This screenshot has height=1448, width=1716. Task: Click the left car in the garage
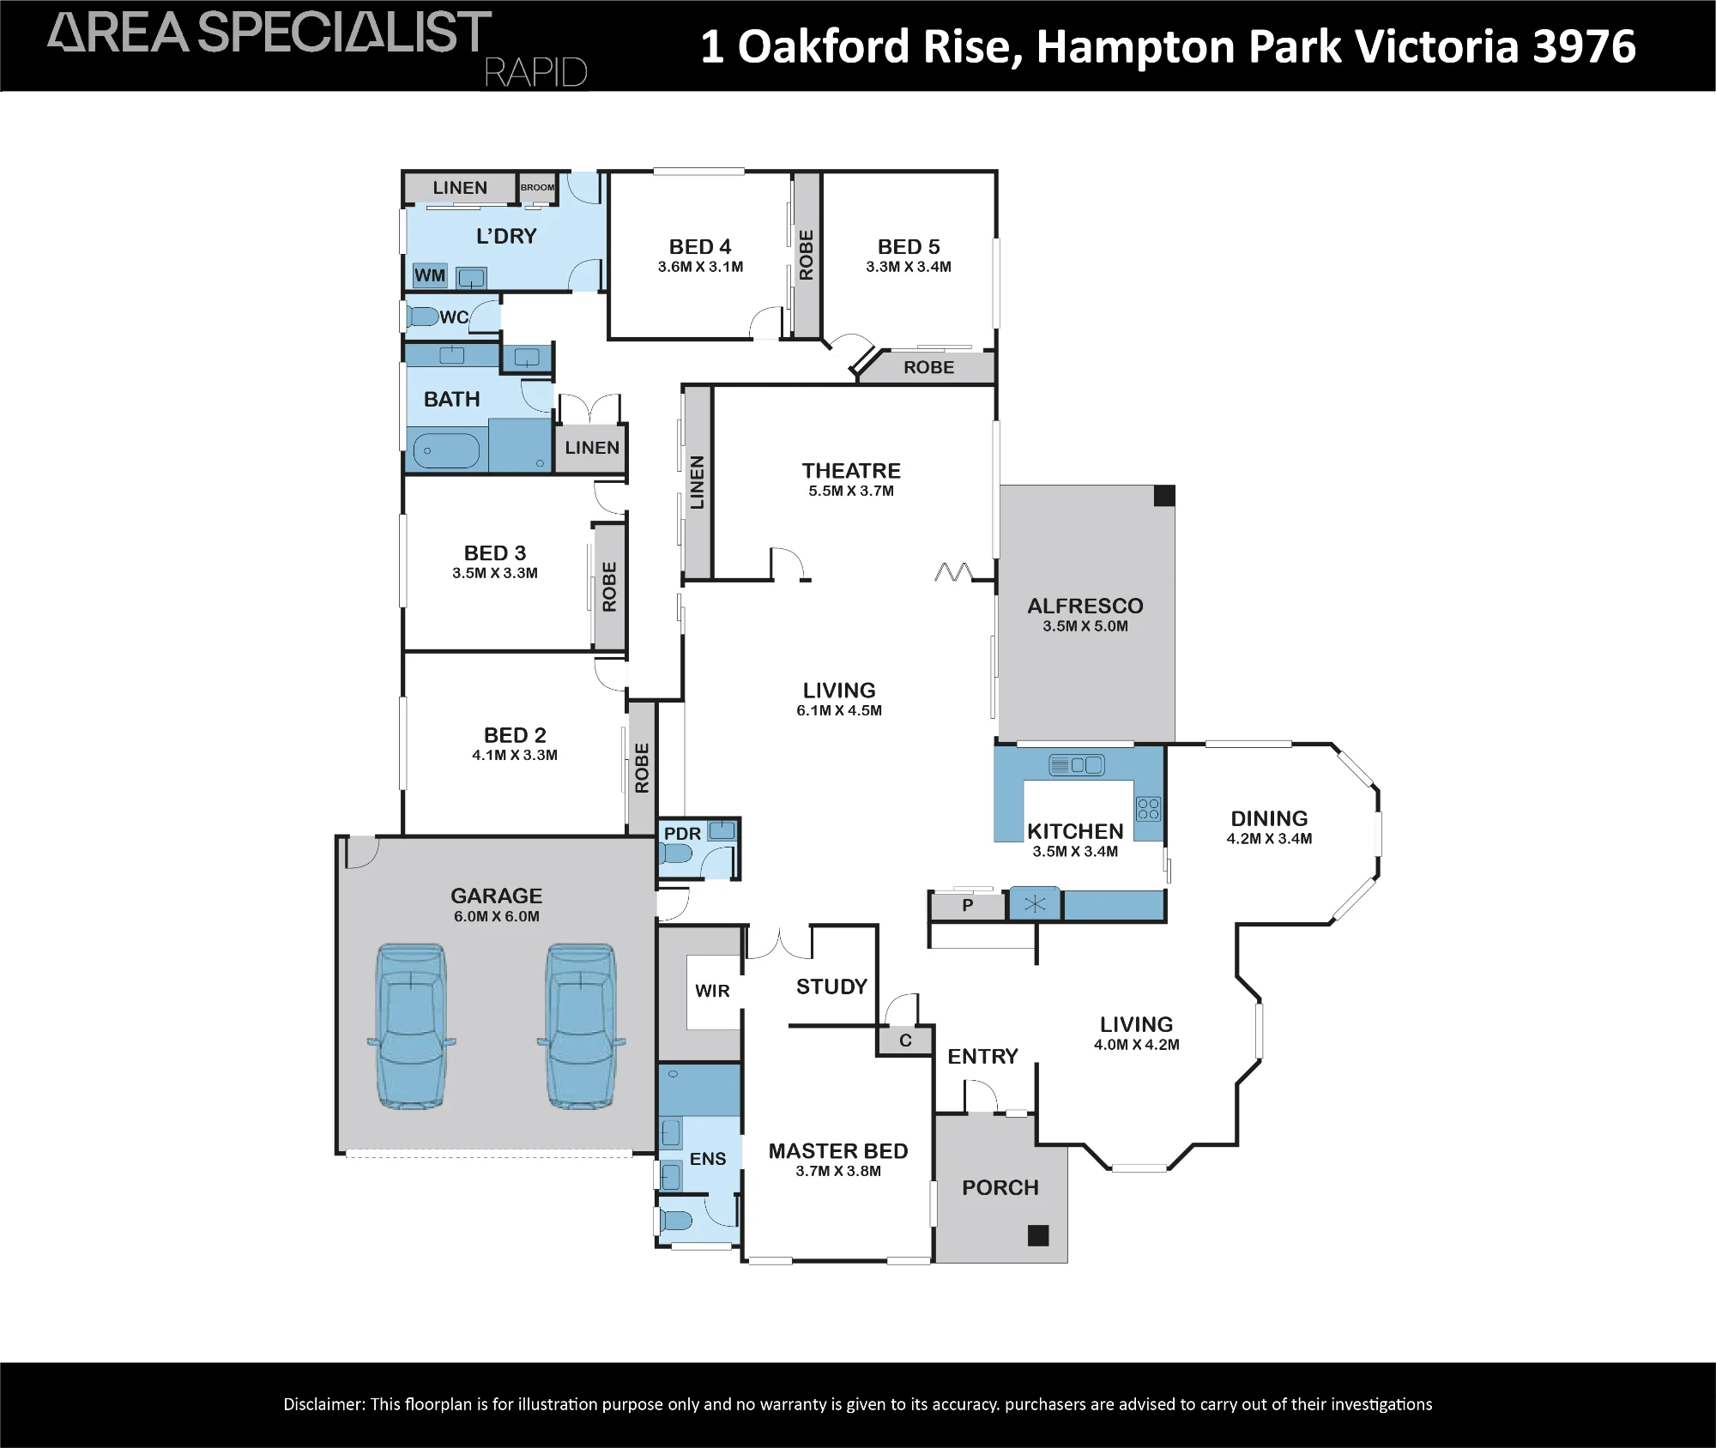tap(412, 1026)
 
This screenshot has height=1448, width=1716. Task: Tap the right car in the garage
tap(582, 1026)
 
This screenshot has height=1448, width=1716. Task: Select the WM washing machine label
tap(430, 275)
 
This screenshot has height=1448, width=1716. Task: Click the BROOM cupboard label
tap(538, 187)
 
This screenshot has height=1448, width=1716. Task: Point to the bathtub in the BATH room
tap(447, 451)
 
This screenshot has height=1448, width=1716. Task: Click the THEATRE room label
tap(851, 471)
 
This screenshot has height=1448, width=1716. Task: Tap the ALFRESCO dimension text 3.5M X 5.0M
tap(1085, 626)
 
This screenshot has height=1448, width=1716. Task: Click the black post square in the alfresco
tap(1164, 496)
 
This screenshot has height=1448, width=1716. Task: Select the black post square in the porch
tap(1038, 1235)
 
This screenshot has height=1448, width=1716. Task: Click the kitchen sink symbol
tap(1076, 764)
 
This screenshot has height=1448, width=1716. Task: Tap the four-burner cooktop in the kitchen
tap(1148, 809)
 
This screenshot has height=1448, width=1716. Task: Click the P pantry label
tap(968, 905)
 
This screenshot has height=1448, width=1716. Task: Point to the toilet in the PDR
tap(676, 854)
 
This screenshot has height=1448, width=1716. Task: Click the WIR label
tap(712, 991)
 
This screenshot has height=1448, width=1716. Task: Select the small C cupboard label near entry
tap(905, 1041)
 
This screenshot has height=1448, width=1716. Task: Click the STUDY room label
tap(831, 986)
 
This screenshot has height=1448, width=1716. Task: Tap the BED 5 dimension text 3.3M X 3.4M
tap(909, 267)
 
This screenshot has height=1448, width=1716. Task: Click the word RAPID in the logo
tap(535, 73)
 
